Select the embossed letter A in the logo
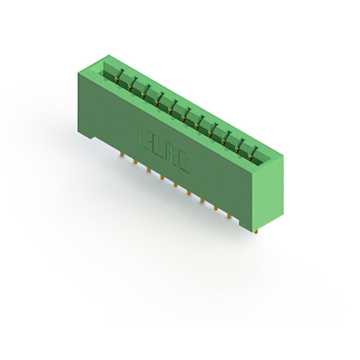172,155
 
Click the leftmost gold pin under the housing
122,154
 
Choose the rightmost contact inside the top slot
254,153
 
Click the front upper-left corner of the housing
76,73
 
